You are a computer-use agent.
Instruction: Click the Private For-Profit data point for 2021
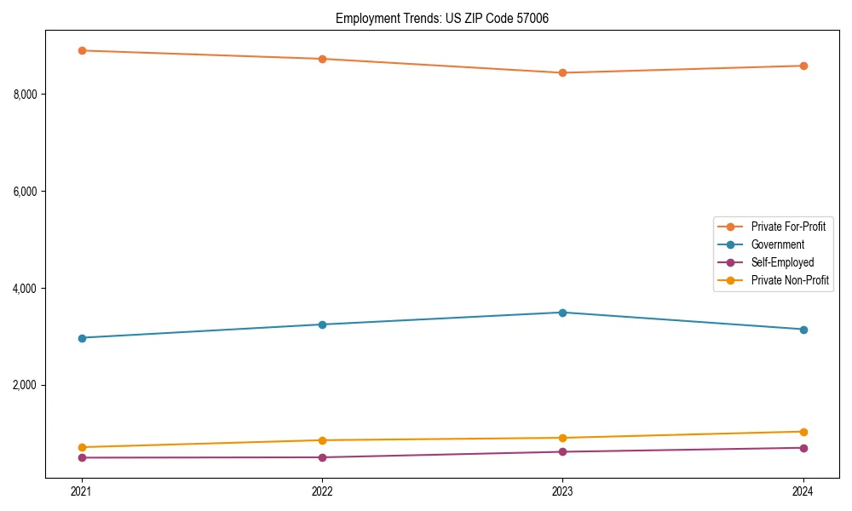[x=82, y=50]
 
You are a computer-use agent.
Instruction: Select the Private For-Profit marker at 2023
[x=562, y=73]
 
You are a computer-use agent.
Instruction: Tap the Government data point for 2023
[x=562, y=313]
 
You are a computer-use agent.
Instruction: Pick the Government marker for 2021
[x=82, y=338]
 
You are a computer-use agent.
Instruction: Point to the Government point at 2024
[x=803, y=330]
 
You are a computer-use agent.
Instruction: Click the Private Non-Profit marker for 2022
[x=322, y=440]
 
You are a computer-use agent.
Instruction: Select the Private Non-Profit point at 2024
[x=803, y=432]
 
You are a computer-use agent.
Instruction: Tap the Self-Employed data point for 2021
[x=82, y=458]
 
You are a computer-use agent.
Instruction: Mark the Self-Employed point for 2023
[x=562, y=451]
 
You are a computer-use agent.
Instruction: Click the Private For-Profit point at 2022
[x=322, y=59]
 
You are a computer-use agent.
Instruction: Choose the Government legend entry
[x=777, y=244]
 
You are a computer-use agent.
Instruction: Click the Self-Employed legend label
[x=782, y=262]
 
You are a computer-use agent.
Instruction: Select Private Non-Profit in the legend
[x=790, y=280]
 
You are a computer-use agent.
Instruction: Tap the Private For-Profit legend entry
[x=788, y=227]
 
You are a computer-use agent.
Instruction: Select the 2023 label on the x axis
[x=562, y=491]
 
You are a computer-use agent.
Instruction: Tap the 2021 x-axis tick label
[x=82, y=491]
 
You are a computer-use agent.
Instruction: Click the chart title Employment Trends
[x=442, y=18]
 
